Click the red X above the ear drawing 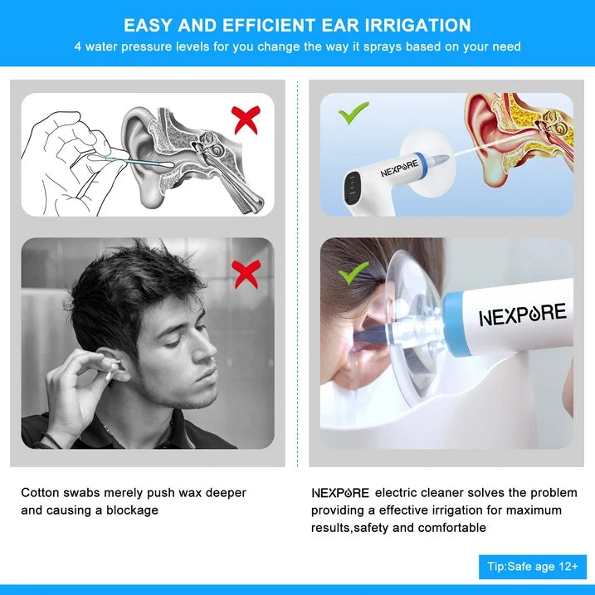[246, 119]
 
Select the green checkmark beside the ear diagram [354, 113]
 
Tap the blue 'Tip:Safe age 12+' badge [532, 567]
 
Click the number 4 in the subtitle [78, 46]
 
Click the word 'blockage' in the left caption [133, 510]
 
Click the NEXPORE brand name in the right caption [340, 493]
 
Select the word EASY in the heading [148, 26]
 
